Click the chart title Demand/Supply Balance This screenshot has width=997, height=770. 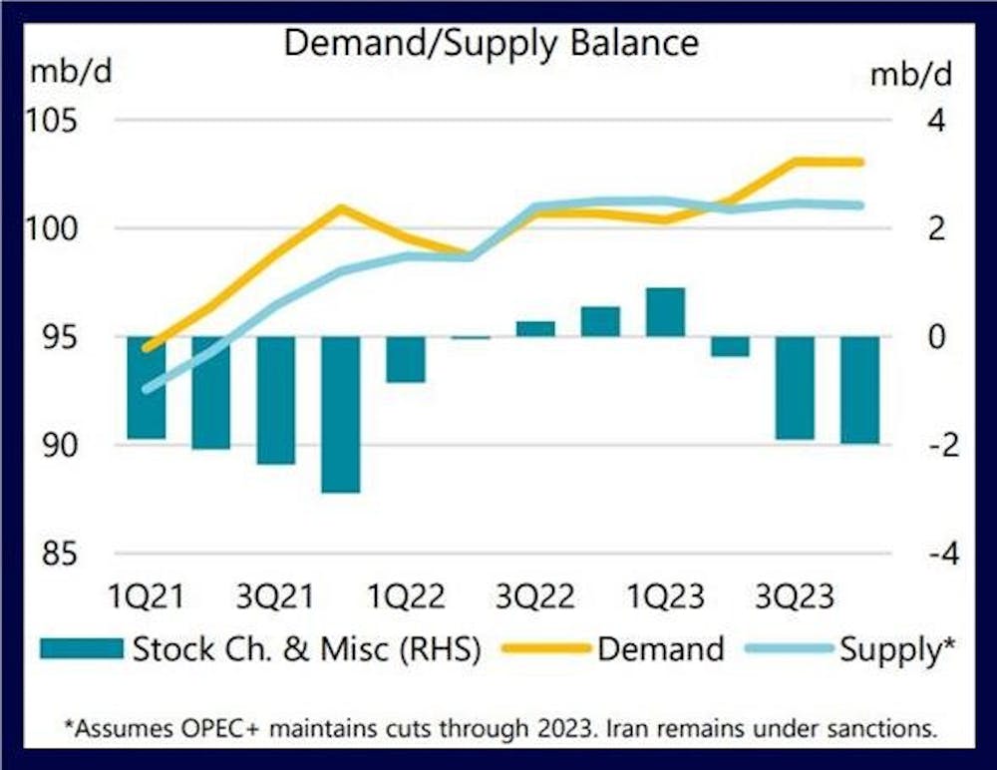pyautogui.click(x=492, y=43)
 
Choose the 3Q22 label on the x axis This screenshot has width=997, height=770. pyautogui.click(x=536, y=597)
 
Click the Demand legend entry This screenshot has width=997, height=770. pyautogui.click(x=661, y=649)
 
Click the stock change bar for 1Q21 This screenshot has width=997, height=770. pyautogui.click(x=147, y=388)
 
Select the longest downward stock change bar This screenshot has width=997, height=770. pyautogui.click(x=340, y=415)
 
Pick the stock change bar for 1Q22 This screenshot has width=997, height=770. pyautogui.click(x=406, y=359)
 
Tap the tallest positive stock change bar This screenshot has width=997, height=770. pyautogui.click(x=665, y=312)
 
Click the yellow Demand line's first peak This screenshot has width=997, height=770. pyautogui.click(x=341, y=208)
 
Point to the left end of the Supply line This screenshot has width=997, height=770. pyautogui.click(x=148, y=389)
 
